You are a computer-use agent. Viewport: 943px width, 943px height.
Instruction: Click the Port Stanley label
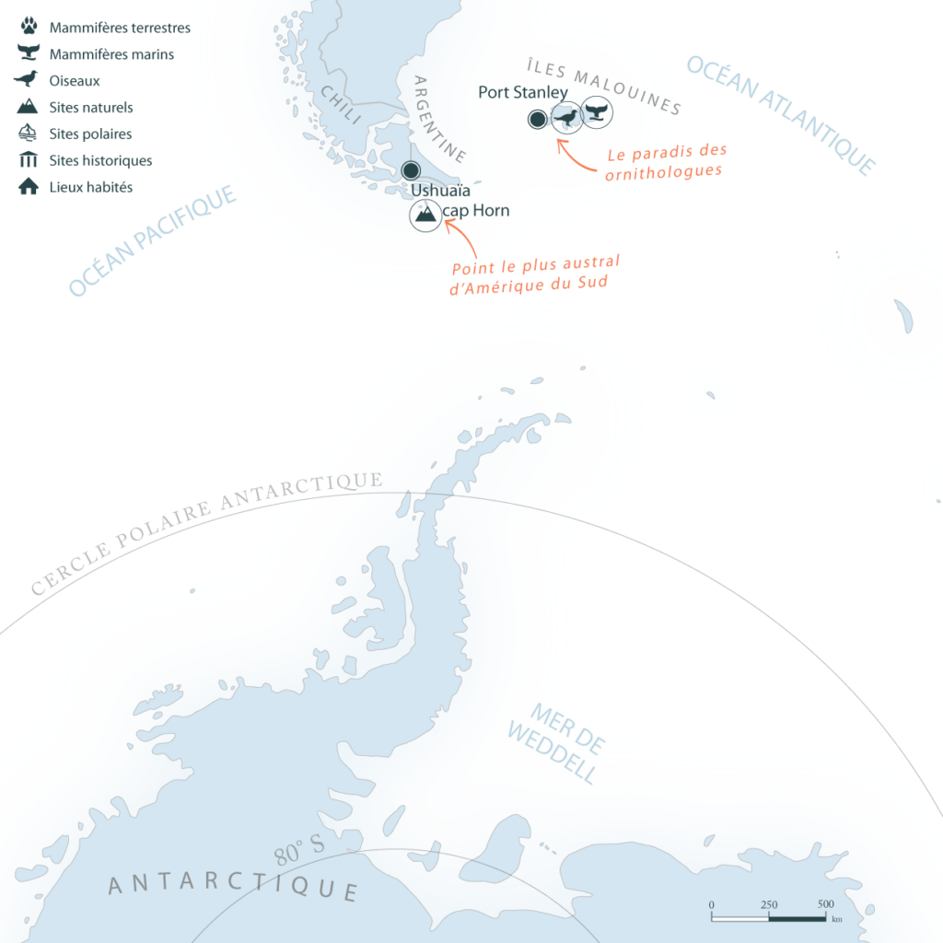pos(522,93)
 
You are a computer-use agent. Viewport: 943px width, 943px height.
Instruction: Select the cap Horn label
pos(477,211)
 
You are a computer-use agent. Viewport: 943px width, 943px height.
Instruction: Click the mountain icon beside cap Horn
pos(425,215)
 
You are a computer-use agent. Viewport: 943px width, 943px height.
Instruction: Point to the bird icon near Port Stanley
pos(567,117)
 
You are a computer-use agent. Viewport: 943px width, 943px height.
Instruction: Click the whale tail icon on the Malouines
pos(599,115)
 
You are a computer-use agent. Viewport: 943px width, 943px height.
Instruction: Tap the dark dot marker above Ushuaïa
pos(411,169)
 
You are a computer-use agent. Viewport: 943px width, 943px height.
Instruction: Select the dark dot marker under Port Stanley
pos(536,119)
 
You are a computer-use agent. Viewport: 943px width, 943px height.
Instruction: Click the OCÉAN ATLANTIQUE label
pos(779,114)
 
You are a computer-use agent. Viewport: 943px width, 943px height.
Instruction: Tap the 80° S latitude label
pos(299,852)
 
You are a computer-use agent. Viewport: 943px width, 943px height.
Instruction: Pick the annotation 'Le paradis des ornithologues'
pos(666,160)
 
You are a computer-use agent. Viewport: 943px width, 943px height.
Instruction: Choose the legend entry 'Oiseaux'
pos(75,81)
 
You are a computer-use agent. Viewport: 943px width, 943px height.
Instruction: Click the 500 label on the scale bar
pos(825,904)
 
